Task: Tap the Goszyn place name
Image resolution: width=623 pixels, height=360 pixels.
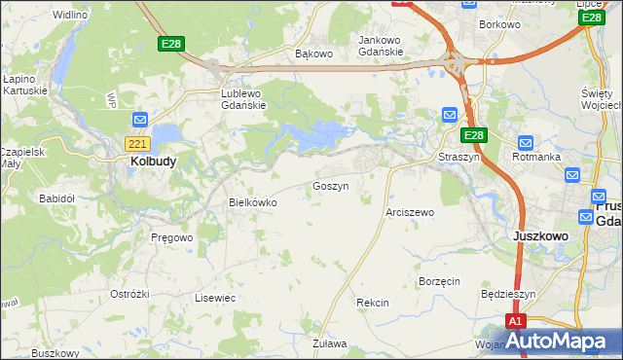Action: click(331, 185)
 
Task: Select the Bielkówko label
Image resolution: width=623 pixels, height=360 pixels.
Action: click(252, 202)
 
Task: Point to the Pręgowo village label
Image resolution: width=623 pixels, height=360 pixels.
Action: click(172, 236)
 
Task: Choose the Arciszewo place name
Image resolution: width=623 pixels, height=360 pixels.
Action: click(410, 211)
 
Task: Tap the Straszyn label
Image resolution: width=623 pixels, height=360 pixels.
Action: click(460, 156)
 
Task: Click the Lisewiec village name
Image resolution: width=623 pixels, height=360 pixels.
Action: click(215, 298)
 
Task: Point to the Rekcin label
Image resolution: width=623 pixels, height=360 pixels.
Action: click(373, 303)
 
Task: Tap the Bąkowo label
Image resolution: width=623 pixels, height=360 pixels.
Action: click(313, 54)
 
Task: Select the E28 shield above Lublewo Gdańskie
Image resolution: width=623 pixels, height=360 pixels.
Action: click(172, 44)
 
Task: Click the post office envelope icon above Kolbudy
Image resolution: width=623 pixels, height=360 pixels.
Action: click(139, 120)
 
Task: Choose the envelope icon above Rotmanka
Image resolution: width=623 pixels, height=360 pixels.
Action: click(526, 142)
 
